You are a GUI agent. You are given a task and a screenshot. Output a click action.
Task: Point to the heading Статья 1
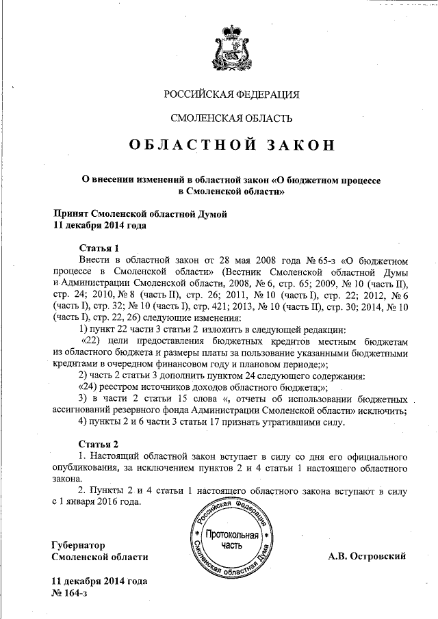pyautogui.click(x=100, y=248)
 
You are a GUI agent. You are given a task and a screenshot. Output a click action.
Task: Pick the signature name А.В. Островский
pyautogui.click(x=367, y=556)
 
